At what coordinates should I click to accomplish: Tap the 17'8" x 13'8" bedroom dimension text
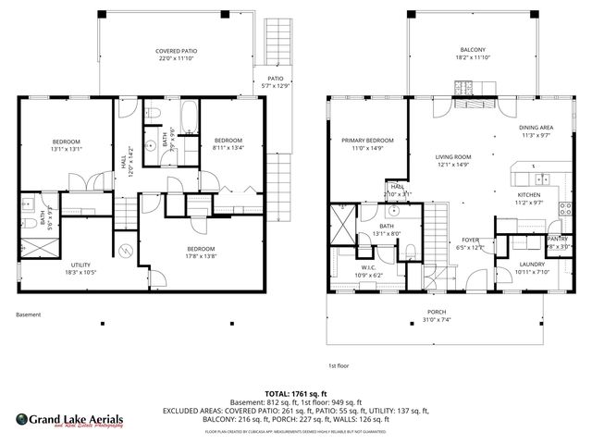(x=201, y=256)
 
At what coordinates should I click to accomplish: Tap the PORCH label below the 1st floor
(x=437, y=312)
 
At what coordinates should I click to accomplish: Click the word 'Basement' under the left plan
(x=29, y=314)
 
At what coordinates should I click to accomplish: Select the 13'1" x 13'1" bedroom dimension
(x=67, y=148)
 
